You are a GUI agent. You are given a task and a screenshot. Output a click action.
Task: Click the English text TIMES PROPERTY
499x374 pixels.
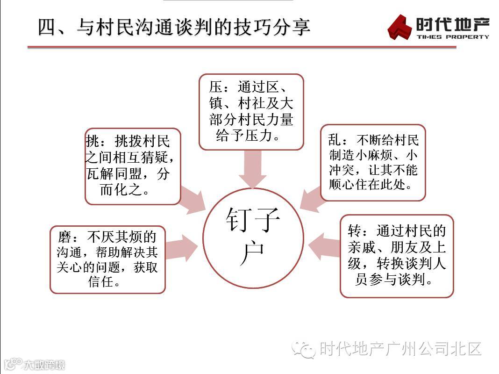(x=452, y=36)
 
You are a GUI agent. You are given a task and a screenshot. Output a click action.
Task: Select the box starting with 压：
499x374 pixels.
(x=251, y=112)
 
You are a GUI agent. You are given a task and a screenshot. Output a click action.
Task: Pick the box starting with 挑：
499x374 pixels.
(x=133, y=166)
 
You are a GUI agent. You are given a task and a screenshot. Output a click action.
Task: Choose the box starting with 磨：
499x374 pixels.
(x=107, y=259)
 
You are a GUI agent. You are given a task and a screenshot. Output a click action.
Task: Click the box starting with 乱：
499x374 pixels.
(x=373, y=162)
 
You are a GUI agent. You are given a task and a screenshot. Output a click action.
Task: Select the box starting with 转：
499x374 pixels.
(x=397, y=256)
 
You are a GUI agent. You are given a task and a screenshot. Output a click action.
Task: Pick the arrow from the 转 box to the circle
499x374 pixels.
(x=324, y=246)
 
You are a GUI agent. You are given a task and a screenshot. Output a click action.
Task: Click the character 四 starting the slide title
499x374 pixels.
(x=47, y=27)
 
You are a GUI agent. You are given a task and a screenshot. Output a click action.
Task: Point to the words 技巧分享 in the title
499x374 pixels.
(x=276, y=27)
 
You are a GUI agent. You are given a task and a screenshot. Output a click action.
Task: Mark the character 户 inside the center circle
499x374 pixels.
(x=253, y=254)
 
